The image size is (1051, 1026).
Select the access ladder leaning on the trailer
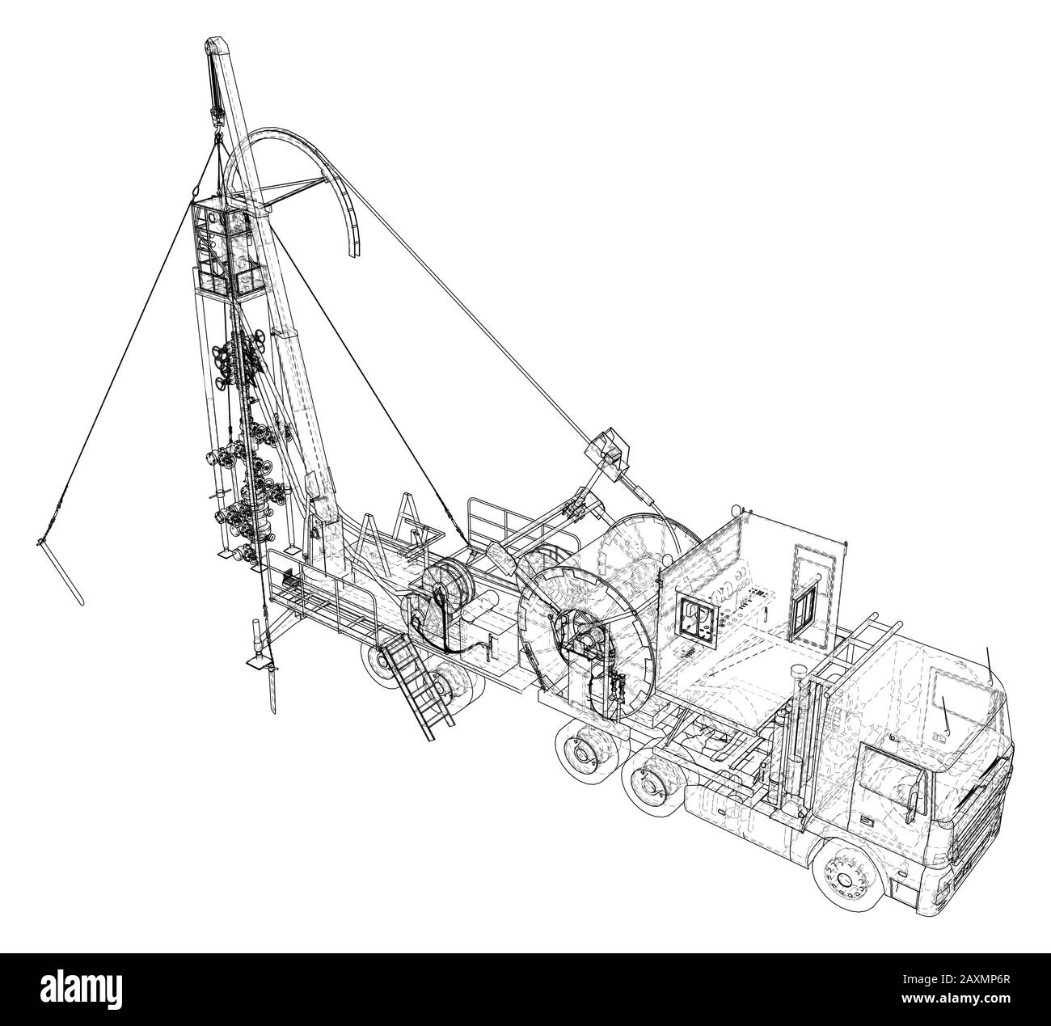click(x=415, y=687)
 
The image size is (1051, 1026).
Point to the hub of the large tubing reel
click(x=582, y=643)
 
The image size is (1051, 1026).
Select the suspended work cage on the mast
click(x=229, y=248)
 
